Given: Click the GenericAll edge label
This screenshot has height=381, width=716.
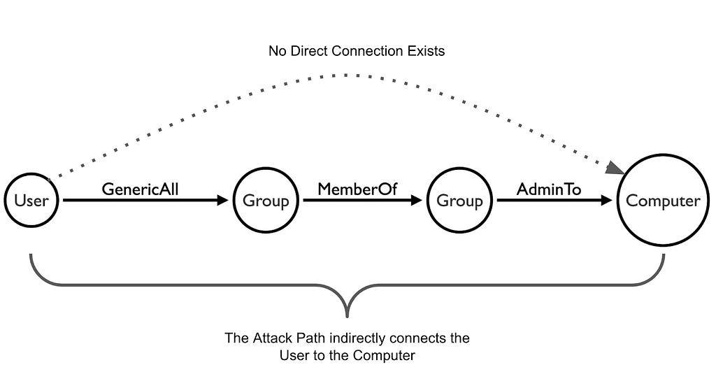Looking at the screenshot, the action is (x=140, y=189).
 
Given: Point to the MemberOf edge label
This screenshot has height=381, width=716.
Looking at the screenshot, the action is (x=357, y=189).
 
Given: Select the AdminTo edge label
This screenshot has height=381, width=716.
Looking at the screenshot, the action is (x=549, y=189).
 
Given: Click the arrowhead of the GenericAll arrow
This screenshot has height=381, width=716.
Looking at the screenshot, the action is (x=223, y=200).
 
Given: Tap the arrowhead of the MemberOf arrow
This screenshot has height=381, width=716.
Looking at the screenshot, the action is (x=417, y=200).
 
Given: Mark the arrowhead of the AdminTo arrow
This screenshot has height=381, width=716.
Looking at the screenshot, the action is (x=606, y=200).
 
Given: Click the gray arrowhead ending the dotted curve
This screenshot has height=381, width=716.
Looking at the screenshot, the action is (x=616, y=168).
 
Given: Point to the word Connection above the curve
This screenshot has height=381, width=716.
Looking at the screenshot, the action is (x=365, y=50).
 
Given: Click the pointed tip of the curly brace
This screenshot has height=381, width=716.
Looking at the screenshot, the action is (x=348, y=316).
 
